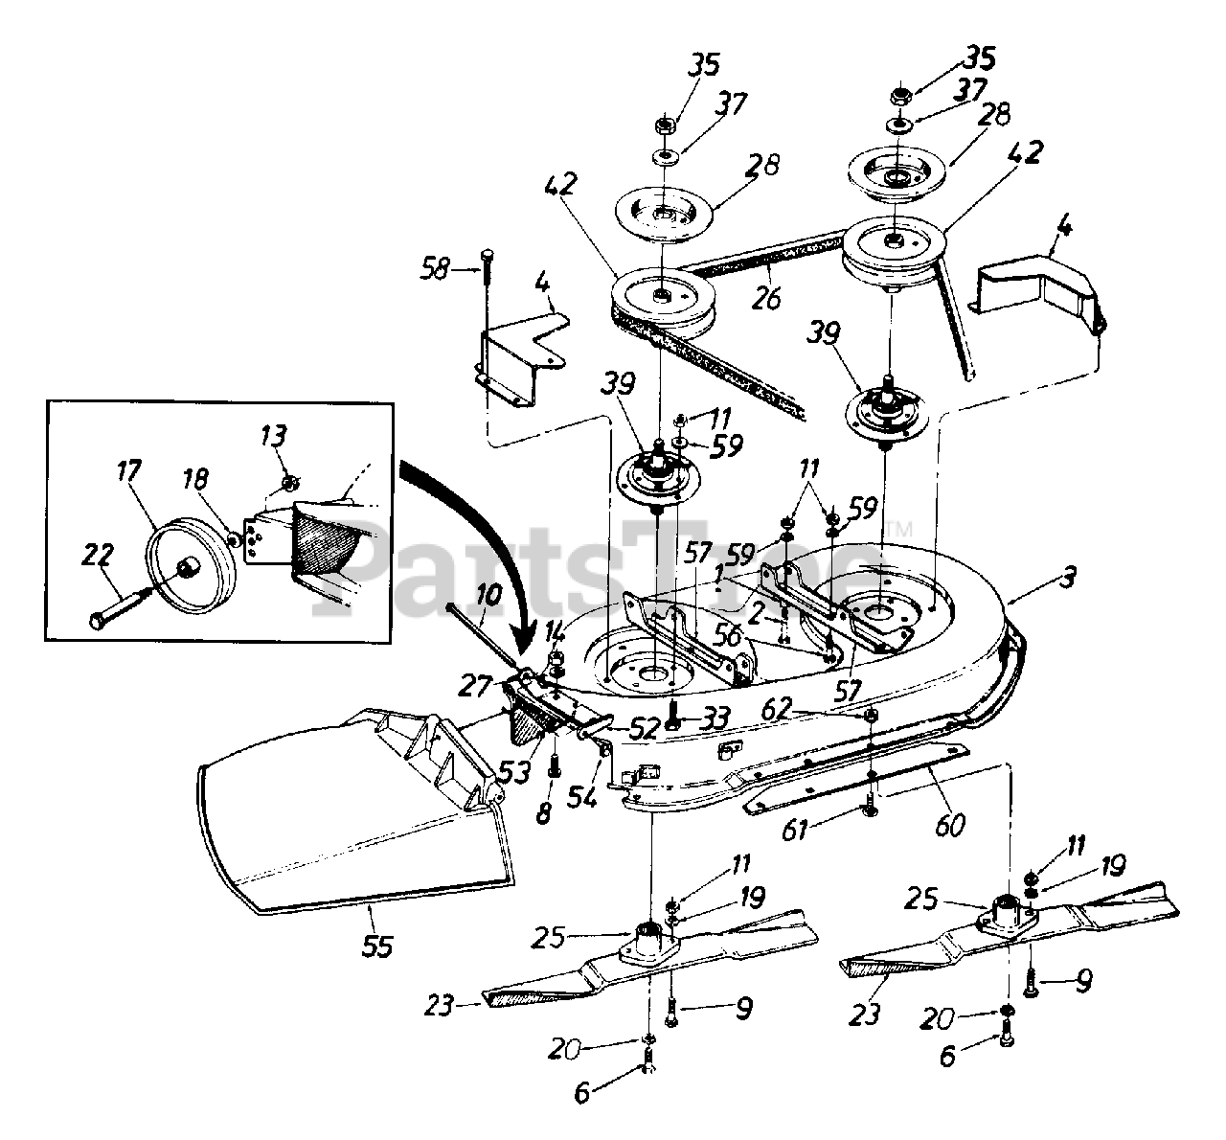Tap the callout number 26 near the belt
click(x=765, y=299)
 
